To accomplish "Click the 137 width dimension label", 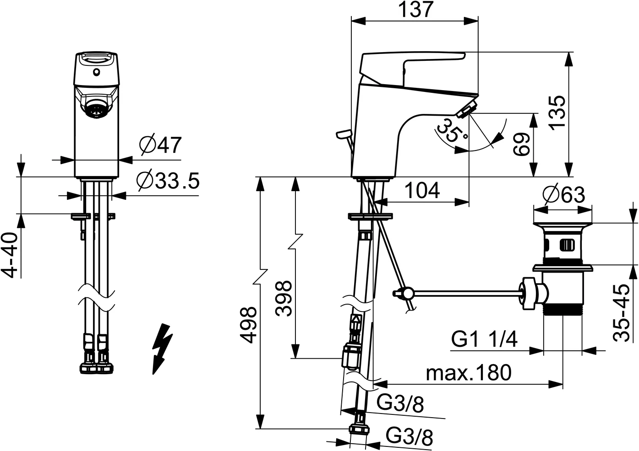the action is coord(415,10).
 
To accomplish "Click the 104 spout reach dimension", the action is coord(422,191).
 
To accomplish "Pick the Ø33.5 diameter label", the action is coord(168,181).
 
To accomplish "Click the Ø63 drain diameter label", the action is coord(563,194).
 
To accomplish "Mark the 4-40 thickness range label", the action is coord(11,255).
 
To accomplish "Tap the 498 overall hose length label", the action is coord(248,325).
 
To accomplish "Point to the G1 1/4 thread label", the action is coord(484,339).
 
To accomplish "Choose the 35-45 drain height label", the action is coord(621,313).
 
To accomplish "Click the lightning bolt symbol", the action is coord(162,349).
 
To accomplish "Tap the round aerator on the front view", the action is coord(96,110).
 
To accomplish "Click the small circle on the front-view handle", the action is coord(97,73).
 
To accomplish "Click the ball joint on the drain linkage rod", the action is coord(408,292).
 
